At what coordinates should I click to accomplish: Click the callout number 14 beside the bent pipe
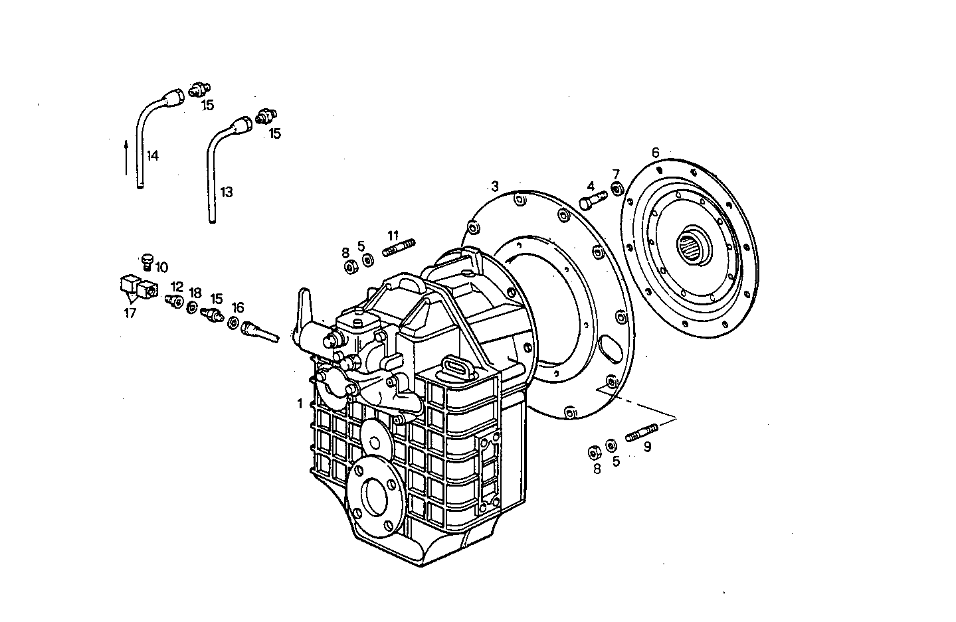pos(153,156)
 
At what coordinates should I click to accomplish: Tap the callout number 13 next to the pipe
pos(227,193)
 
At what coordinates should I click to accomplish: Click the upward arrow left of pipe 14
pos(126,157)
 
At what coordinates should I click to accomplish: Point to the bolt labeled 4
pos(593,199)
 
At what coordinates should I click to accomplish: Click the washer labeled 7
pos(617,191)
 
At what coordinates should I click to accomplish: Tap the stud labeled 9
pos(641,432)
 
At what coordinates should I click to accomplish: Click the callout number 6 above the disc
pos(655,153)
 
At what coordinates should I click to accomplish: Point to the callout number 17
pos(130,313)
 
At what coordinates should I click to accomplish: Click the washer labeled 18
pos(192,307)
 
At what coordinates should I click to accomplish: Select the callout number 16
pos(238,307)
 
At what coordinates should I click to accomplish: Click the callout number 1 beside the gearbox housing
pos(300,403)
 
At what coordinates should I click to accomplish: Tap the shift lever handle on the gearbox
pos(304,305)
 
